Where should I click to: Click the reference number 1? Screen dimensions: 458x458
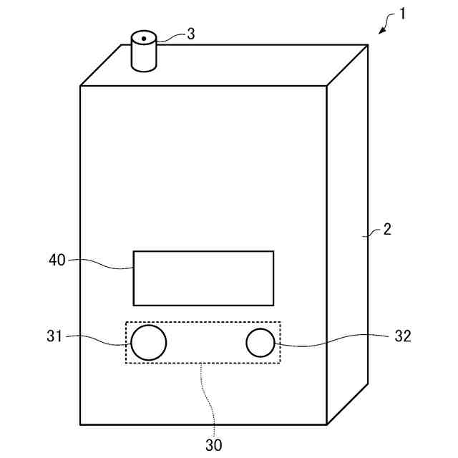pyautogui.click(x=402, y=14)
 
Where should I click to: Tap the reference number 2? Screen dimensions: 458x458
pyautogui.click(x=387, y=230)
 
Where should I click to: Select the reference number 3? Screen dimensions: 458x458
pyautogui.click(x=190, y=34)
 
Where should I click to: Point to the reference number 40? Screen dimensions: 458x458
pyautogui.click(x=57, y=260)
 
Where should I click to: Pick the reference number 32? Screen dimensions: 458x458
pyautogui.click(x=403, y=336)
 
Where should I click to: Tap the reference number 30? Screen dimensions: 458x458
pyautogui.click(x=213, y=444)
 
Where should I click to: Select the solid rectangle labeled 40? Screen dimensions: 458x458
pyautogui.click(x=203, y=278)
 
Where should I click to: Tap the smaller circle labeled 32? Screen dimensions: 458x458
pyautogui.click(x=260, y=343)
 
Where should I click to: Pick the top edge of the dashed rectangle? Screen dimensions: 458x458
pyautogui.click(x=203, y=322)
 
